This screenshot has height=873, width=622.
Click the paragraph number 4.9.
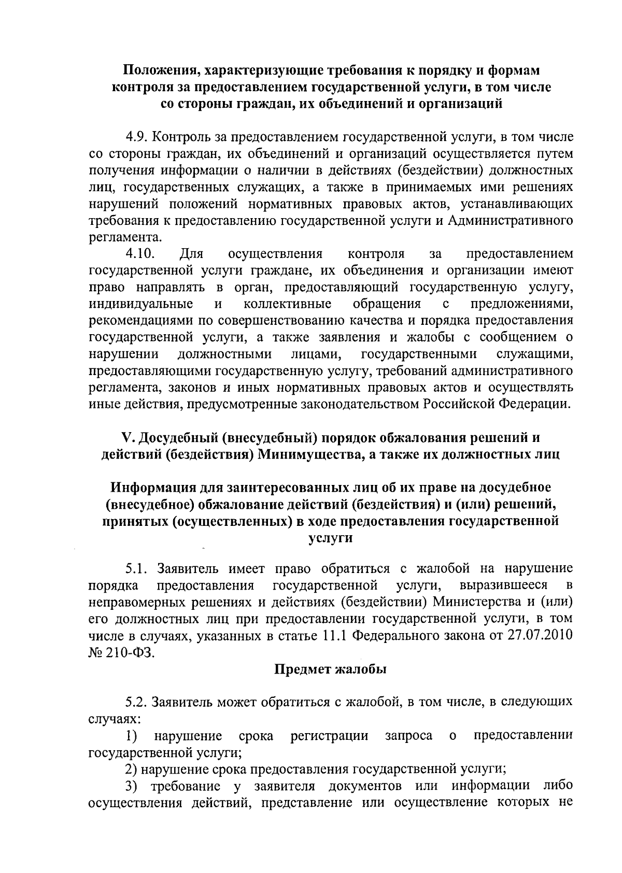tap(136, 137)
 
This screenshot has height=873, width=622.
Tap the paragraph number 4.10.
tap(140, 254)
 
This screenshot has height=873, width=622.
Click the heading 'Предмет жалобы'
tap(330, 669)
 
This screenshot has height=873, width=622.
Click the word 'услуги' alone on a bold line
tap(330, 538)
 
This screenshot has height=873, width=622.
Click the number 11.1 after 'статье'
tap(335, 636)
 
